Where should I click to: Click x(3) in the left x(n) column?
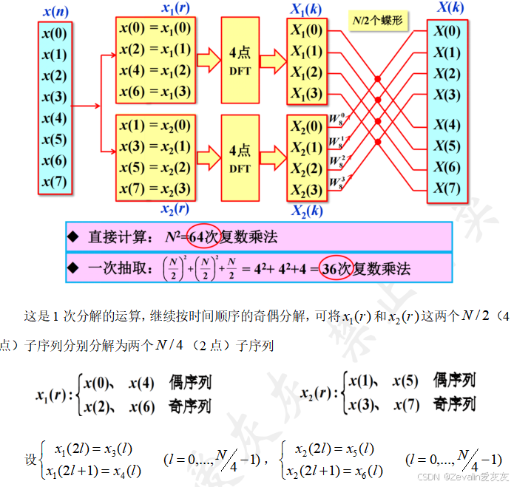pos(55,97)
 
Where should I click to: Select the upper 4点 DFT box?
pos(240,61)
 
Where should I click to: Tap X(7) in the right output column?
pos(447,188)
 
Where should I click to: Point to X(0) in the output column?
pos(447,32)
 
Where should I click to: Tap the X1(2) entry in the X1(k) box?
pos(306,73)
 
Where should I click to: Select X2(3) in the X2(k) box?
pos(306,191)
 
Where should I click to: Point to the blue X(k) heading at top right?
pos(452,8)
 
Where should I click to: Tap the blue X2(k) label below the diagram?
pos(306,211)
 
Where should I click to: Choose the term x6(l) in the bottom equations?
pos(366,471)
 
